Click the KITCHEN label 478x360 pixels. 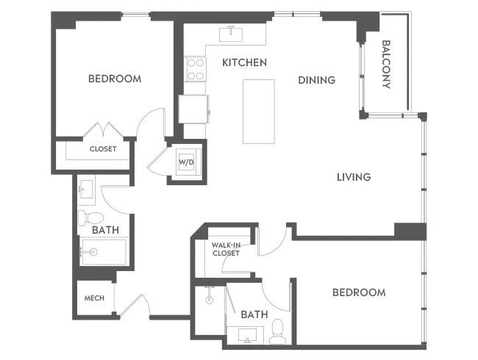point(244,62)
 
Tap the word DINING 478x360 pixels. point(316,80)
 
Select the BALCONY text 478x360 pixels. point(386,64)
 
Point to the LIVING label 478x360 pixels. point(353,177)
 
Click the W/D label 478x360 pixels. point(186,163)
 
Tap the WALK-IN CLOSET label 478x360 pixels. point(225,248)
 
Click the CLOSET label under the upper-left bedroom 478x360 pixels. point(103,148)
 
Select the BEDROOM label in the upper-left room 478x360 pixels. point(115,79)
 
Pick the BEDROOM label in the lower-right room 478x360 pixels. point(358,292)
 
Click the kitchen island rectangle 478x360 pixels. point(259,112)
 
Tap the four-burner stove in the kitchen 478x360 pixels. point(196,69)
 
